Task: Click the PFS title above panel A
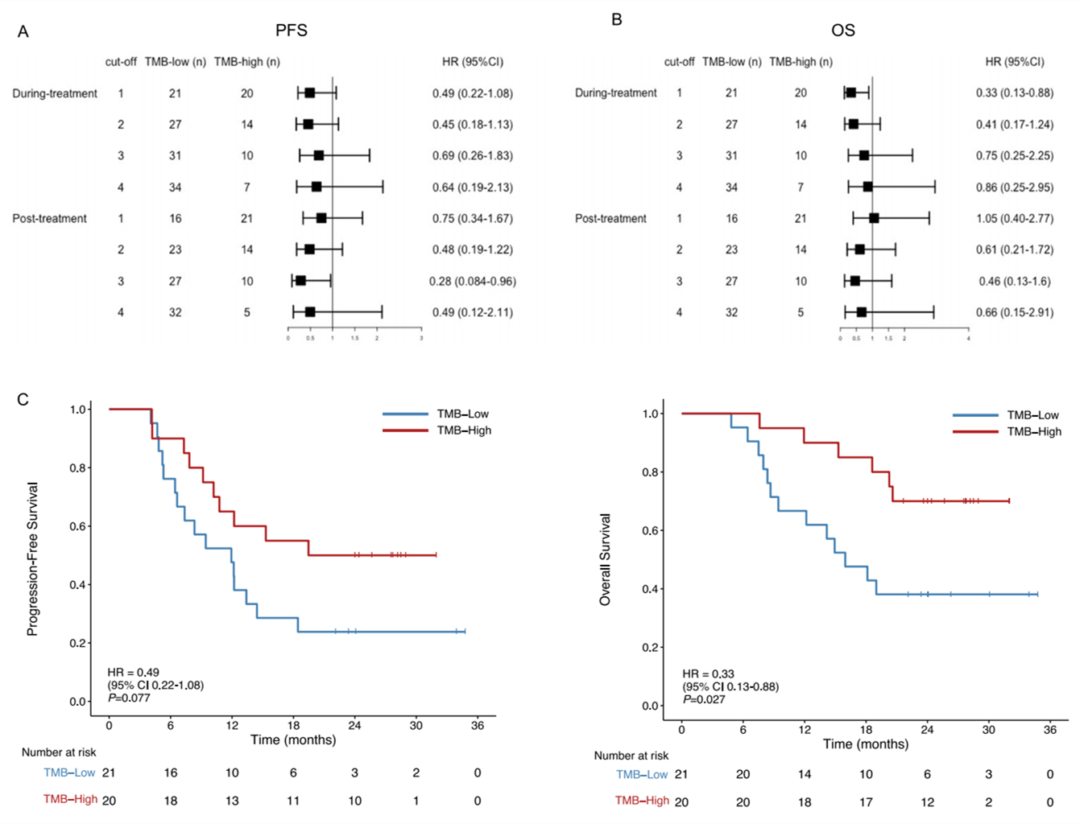[292, 31]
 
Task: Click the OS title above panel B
[842, 31]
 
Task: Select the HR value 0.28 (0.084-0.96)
[472, 281]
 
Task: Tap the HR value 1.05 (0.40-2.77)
[1015, 218]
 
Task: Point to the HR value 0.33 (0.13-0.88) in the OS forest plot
[1015, 93]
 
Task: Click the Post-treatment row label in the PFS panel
[49, 218]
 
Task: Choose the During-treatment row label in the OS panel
[615, 93]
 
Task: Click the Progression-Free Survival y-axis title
[33, 559]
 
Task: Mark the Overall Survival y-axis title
[606, 559]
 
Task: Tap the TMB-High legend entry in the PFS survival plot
[463, 431]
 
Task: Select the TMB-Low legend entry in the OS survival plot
[1032, 415]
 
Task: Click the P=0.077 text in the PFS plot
[130, 698]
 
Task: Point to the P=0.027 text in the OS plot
[704, 699]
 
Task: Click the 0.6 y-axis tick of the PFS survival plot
[78, 526]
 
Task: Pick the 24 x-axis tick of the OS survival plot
[927, 730]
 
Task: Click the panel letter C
[23, 400]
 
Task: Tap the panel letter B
[617, 19]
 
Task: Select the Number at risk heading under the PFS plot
[59, 752]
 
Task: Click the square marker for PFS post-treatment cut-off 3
[300, 281]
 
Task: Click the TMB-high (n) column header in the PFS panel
[246, 62]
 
